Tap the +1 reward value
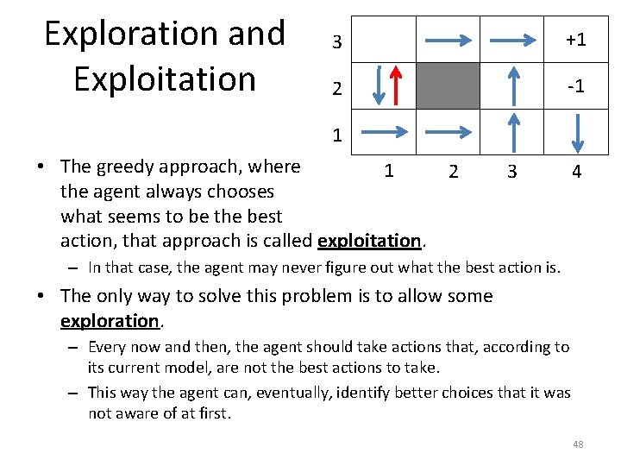(575, 40)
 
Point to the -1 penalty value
(575, 87)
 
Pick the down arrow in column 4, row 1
(579, 132)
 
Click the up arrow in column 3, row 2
(515, 85)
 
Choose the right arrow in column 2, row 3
(448, 40)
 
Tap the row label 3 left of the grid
(337, 41)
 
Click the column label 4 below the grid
(576, 172)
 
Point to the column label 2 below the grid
(453, 172)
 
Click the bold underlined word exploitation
(369, 239)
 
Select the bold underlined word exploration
(110, 321)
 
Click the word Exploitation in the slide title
(165, 79)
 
